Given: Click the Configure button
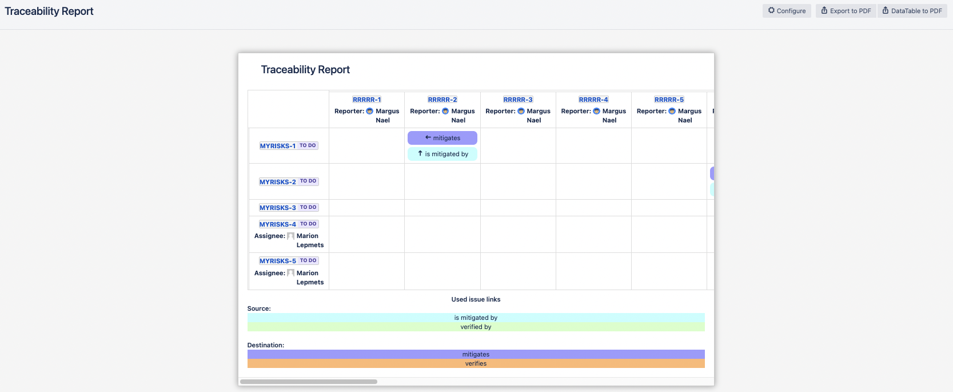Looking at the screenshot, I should click(x=787, y=11).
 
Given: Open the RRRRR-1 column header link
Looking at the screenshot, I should click(x=366, y=100).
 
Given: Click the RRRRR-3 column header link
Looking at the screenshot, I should click(x=518, y=100).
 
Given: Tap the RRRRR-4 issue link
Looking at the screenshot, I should click(x=593, y=100).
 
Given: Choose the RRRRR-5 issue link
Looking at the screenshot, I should click(x=669, y=100).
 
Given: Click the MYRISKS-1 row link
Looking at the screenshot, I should click(x=278, y=146).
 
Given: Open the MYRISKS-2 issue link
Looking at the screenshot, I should click(x=278, y=182).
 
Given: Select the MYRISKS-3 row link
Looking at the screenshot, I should click(x=278, y=208).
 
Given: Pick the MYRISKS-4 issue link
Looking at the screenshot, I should click(x=278, y=224).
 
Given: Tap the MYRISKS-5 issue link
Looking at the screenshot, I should click(x=278, y=261).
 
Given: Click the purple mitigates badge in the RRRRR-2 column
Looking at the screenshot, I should click(x=442, y=138).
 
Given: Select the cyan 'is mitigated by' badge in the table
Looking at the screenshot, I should click(x=442, y=154).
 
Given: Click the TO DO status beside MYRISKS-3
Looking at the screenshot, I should click(x=308, y=207).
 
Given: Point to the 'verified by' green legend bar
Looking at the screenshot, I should click(x=476, y=327).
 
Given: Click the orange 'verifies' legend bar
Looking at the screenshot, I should click(x=476, y=363).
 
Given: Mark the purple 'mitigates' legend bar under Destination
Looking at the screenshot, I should click(x=476, y=354).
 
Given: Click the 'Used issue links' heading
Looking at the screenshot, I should click(x=476, y=299).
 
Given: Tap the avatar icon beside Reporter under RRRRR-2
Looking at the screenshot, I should click(x=445, y=111).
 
